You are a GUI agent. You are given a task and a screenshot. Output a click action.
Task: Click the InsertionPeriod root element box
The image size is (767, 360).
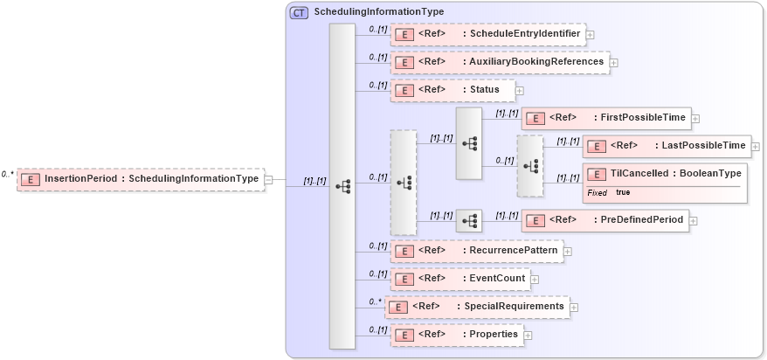(141, 179)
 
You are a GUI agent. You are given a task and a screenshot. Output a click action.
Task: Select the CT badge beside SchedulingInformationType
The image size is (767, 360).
(299, 12)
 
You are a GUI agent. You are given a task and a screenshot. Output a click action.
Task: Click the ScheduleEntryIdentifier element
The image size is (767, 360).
(487, 35)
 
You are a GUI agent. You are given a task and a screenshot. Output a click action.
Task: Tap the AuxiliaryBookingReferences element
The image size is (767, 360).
(500, 62)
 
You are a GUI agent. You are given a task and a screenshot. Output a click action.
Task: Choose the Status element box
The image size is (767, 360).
(452, 89)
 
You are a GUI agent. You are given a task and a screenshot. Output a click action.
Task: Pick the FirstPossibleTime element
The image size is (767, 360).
(605, 117)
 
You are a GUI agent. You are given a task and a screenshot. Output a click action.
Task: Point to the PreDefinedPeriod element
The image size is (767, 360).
(605, 220)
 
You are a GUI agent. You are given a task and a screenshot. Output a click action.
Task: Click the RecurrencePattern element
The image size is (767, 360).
(476, 250)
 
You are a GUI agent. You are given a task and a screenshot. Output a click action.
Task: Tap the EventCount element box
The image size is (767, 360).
(460, 279)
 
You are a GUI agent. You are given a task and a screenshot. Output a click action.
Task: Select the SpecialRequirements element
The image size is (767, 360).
(477, 307)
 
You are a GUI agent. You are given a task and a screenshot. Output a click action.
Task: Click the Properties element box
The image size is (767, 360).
(455, 335)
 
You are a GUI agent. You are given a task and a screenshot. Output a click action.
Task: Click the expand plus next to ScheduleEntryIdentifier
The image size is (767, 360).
(591, 35)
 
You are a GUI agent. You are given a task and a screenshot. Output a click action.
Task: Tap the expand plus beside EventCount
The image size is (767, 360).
(535, 280)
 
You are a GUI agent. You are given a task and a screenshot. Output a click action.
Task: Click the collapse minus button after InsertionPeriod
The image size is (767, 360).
(269, 180)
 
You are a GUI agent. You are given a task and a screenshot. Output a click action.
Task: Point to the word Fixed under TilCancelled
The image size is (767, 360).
(598, 192)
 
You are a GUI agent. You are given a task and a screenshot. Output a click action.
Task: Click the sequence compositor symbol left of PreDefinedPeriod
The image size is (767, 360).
(469, 220)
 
